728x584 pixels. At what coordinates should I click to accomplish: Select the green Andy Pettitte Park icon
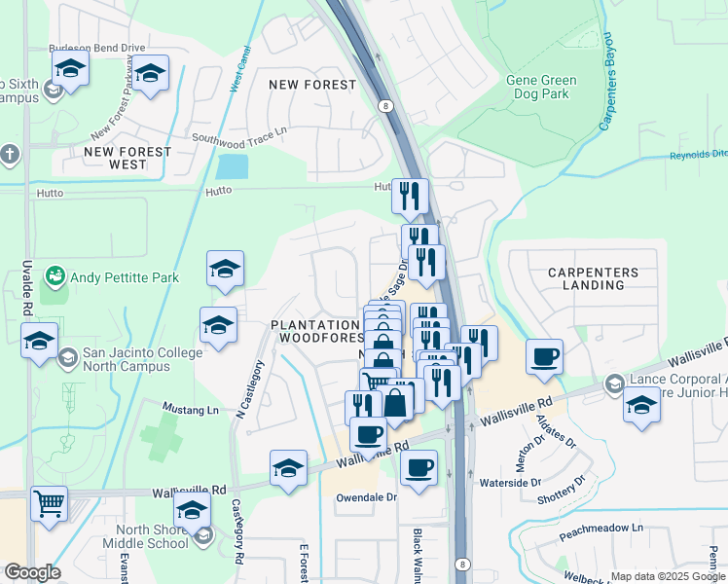tap(55, 277)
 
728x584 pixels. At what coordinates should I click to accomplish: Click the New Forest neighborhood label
tap(313, 85)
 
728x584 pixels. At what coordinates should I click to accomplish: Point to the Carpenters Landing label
tap(593, 279)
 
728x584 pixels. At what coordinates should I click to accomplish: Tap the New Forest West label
tap(127, 158)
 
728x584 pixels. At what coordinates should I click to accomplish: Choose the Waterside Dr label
tap(510, 483)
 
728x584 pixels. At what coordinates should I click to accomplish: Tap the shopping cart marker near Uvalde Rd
tap(49, 503)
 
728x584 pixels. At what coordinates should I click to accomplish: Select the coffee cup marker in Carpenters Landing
tap(545, 355)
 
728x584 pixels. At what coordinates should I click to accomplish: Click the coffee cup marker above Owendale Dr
tap(419, 467)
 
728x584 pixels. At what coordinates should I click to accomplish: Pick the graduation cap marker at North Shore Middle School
tap(192, 509)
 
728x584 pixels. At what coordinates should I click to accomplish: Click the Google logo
tap(32, 572)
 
